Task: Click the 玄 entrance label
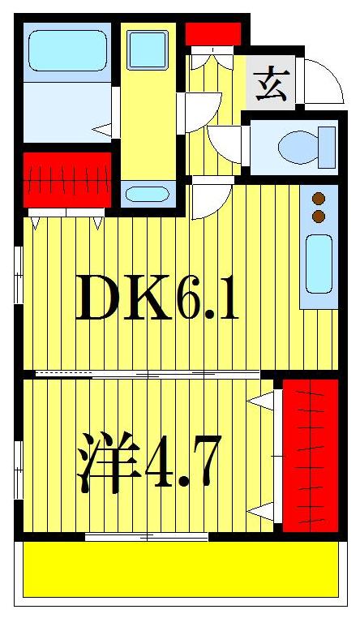tap(271, 83)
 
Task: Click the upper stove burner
tap(319, 198)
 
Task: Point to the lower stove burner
tap(319, 216)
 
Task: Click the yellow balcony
tap(179, 569)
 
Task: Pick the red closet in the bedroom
tap(310, 454)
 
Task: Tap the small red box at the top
tap(213, 34)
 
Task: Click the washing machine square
tap(148, 49)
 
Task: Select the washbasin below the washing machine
tap(148, 195)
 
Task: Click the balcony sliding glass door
tap(147, 536)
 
